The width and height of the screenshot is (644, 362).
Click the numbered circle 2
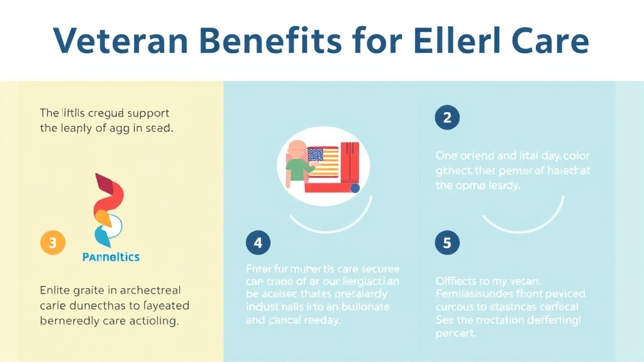447,118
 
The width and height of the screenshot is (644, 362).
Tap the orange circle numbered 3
53,243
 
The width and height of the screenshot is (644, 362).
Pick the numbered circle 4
258,243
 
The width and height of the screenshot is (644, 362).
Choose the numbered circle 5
447,243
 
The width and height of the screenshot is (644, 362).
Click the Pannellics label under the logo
111,257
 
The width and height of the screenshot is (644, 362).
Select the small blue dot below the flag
355,187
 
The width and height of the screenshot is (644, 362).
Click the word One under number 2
447,155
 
